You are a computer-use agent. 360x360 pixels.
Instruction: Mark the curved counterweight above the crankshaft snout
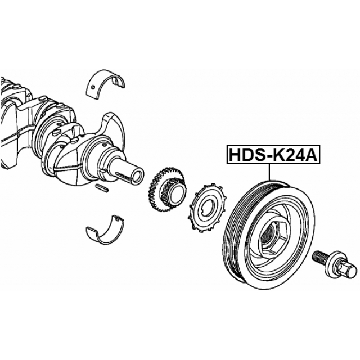coord(112,127)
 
